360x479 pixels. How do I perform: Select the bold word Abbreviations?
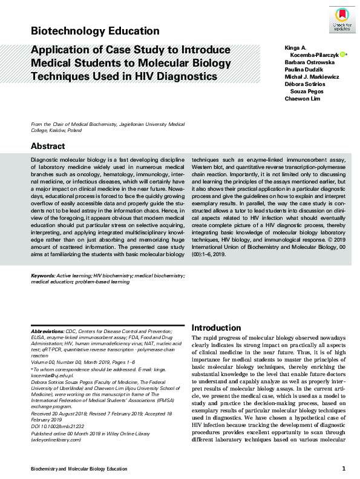coord(47,332)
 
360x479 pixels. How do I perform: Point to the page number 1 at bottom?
coord(344,469)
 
